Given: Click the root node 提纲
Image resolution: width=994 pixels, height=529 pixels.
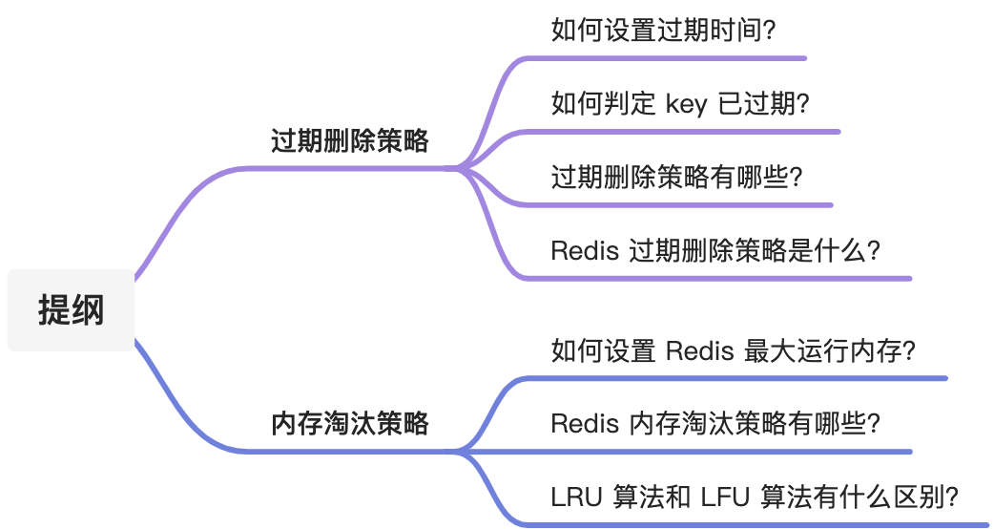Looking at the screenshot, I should [71, 310].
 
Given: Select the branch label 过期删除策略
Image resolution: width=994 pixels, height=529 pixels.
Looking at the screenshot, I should [350, 141].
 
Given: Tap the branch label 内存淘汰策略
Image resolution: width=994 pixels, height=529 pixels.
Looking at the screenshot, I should [350, 423].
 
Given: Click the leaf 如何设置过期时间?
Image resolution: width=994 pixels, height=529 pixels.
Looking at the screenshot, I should [664, 30].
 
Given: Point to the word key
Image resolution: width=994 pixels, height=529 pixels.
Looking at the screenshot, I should [686, 103].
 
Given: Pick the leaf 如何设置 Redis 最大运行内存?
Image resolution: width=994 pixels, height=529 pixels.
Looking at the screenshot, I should [733, 350].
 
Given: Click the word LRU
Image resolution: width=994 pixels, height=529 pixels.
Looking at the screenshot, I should [576, 497].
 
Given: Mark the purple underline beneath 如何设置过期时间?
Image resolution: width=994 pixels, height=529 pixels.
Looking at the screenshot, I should [668, 58].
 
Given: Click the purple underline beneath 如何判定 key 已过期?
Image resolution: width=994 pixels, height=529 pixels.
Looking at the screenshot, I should [687, 132].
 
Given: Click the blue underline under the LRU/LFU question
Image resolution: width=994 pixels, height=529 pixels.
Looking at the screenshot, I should [754, 524].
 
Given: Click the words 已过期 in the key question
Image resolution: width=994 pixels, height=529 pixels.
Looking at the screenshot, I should [762, 103].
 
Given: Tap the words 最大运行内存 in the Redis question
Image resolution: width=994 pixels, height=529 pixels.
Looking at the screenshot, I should [825, 350].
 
